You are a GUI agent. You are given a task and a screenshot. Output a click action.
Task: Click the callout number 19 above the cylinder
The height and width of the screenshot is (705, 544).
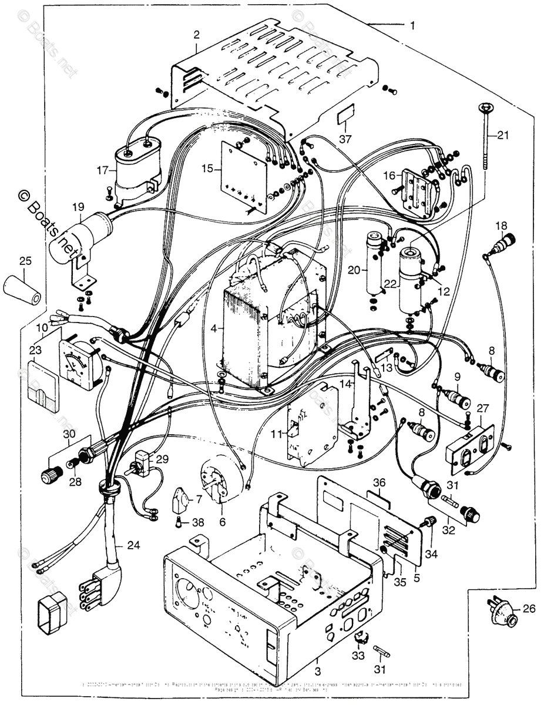[x=78, y=207]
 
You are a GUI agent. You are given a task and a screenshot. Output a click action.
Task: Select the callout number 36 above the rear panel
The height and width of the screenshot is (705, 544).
[x=380, y=482]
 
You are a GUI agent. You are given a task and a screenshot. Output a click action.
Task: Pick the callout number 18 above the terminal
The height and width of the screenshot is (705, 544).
[x=501, y=226]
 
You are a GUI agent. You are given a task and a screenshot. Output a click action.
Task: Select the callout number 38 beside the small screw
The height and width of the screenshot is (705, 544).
[x=199, y=521]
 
